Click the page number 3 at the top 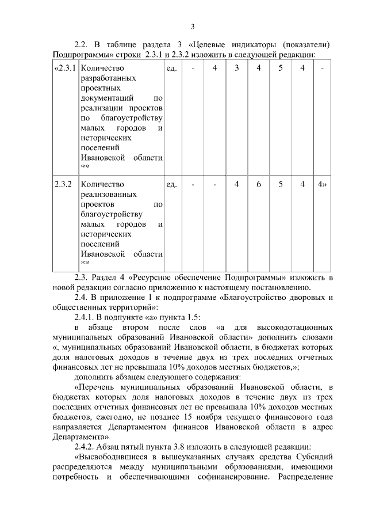click(x=193, y=26)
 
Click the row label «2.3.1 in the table click(x=64, y=69)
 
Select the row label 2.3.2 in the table click(x=63, y=185)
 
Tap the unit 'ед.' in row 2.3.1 click(x=171, y=69)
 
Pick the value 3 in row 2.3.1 click(x=236, y=69)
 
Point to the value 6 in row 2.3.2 click(x=259, y=185)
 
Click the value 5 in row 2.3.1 click(x=280, y=69)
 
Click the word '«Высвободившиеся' click(x=109, y=457)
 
